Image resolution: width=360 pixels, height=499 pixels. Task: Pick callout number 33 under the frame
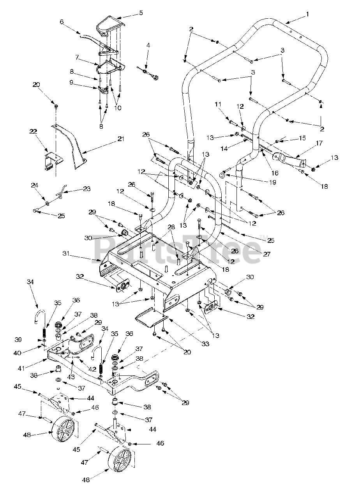click(x=205, y=343)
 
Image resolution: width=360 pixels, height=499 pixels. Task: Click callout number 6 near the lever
click(x=62, y=22)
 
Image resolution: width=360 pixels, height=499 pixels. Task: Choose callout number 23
click(x=86, y=189)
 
